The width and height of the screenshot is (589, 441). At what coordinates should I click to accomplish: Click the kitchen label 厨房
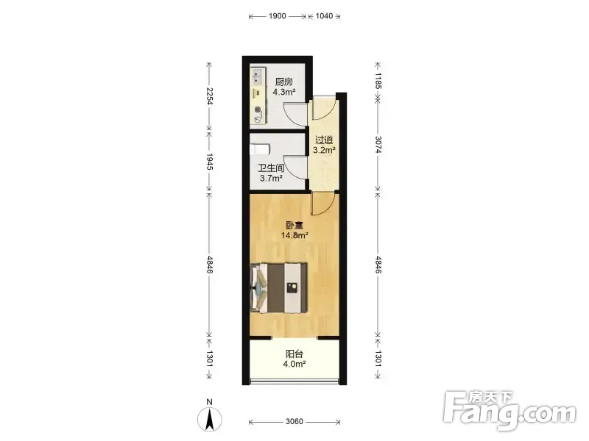[284, 82]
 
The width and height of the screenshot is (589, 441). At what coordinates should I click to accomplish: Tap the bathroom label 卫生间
[271, 168]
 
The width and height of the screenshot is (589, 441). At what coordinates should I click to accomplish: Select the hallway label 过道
[324, 140]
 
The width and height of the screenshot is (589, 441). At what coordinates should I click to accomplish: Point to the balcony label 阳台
[294, 354]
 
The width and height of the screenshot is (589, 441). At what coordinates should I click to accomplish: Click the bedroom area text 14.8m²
[295, 235]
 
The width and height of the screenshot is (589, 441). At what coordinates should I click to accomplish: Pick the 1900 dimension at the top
[278, 15]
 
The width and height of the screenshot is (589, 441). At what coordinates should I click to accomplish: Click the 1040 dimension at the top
[324, 15]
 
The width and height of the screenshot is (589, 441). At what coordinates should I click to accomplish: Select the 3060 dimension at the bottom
[294, 421]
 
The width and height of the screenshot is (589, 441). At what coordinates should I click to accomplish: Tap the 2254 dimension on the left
[210, 96]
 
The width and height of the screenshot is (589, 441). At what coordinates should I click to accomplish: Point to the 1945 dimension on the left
[210, 162]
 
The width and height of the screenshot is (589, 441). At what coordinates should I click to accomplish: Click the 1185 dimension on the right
[378, 81]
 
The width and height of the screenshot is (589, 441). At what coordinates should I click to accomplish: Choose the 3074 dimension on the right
[378, 144]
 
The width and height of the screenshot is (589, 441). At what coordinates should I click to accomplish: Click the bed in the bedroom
[279, 287]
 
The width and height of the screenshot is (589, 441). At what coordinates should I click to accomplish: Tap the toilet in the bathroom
[260, 149]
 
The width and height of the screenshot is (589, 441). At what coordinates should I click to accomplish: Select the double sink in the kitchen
[257, 76]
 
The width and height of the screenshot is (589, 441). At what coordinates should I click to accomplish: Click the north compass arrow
[210, 419]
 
